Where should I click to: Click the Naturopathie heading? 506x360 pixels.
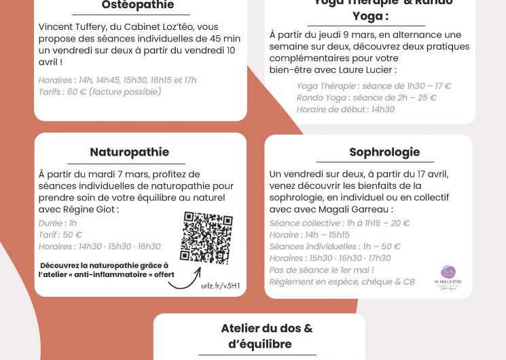[x=129, y=151]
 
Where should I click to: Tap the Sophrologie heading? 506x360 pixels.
[x=384, y=152]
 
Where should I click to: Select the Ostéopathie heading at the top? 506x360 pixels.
[x=137, y=5]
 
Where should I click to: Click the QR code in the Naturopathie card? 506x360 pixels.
[x=206, y=238]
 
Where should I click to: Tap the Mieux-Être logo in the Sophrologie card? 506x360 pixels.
[x=448, y=275]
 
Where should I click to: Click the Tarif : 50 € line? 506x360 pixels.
[x=60, y=234]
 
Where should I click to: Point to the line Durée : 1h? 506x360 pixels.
[x=58, y=223]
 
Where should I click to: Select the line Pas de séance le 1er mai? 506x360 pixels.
[x=321, y=270]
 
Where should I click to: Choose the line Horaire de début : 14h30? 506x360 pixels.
[x=345, y=109]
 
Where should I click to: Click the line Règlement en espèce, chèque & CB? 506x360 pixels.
[x=342, y=281]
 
